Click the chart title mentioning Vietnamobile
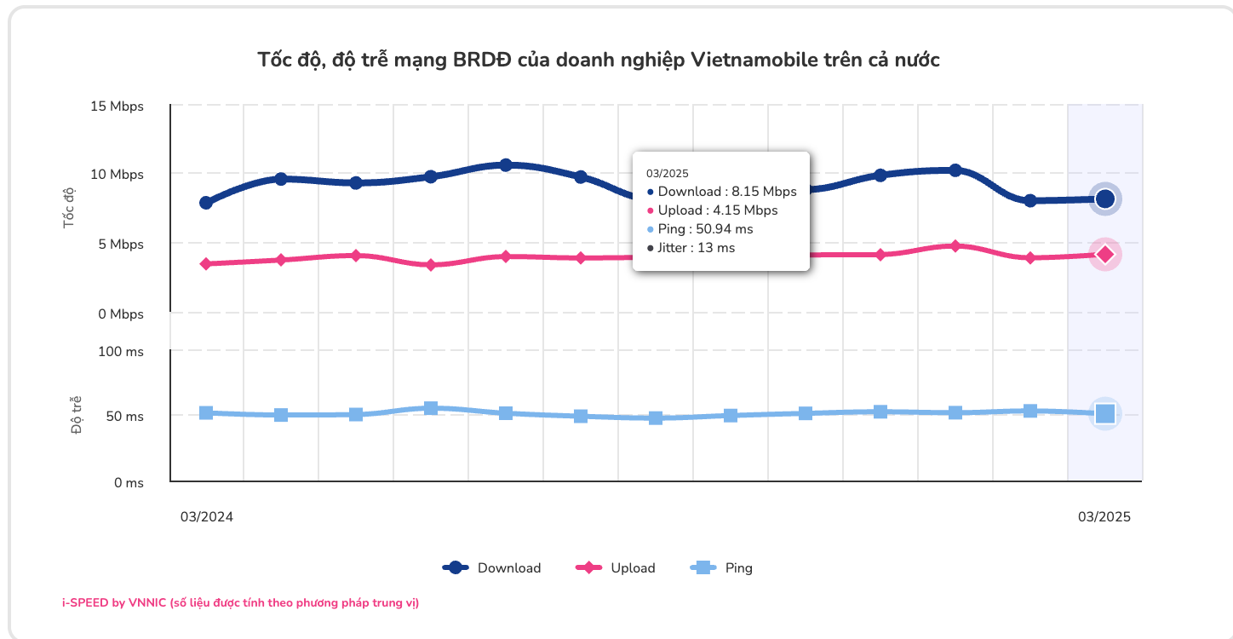pyautogui.click(x=599, y=60)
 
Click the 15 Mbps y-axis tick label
pyautogui.click(x=117, y=106)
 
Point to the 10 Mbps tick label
pyautogui.click(x=117, y=175)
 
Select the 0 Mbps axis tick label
pyautogui.click(x=120, y=314)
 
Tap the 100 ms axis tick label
pyautogui.click(x=123, y=351)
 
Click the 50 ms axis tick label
pyautogui.click(x=125, y=417)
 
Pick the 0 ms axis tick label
pyautogui.click(x=129, y=483)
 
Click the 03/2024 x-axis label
pyautogui.click(x=206, y=517)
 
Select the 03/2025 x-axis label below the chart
pyautogui.click(x=1104, y=517)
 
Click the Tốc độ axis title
pyautogui.click(x=69, y=208)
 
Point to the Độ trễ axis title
pyautogui.click(x=77, y=415)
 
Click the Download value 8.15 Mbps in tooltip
pyautogui.click(x=726, y=192)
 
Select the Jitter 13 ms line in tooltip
pyautogui.click(x=695, y=248)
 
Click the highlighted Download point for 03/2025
pyautogui.click(x=1105, y=199)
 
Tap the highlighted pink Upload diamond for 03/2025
pyautogui.click(x=1105, y=254)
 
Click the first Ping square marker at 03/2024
pyautogui.click(x=206, y=412)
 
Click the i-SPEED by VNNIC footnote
pyautogui.click(x=241, y=602)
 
